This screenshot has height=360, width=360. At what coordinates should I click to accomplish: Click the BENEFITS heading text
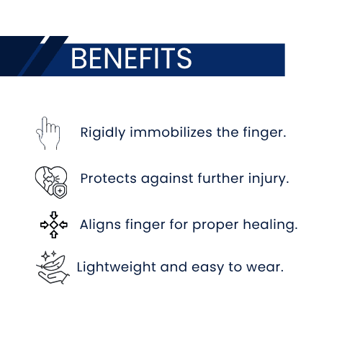point(131,58)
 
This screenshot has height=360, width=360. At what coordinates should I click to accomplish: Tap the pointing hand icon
point(48,133)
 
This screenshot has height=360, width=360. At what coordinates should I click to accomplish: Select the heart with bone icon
point(51,182)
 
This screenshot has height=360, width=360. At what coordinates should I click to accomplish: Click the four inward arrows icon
point(54,225)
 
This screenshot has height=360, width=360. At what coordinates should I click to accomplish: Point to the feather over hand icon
point(53,268)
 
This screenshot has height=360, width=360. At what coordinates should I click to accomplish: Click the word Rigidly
point(103,132)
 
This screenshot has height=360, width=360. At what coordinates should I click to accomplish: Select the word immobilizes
point(171,132)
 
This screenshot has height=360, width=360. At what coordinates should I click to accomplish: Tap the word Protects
point(108,179)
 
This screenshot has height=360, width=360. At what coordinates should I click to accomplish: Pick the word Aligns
point(100,225)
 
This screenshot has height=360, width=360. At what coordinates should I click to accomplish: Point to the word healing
point(270,225)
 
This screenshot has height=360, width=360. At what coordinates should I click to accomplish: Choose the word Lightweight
point(117,267)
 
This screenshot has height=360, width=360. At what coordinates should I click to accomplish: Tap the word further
point(221,179)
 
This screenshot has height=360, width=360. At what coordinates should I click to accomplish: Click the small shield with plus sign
point(60,192)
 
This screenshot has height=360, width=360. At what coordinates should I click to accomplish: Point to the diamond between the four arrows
point(54,225)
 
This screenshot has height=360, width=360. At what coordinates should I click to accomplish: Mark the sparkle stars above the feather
point(49,256)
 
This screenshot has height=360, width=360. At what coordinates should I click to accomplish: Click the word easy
point(208,269)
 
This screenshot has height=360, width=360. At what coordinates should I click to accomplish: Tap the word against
point(167,179)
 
